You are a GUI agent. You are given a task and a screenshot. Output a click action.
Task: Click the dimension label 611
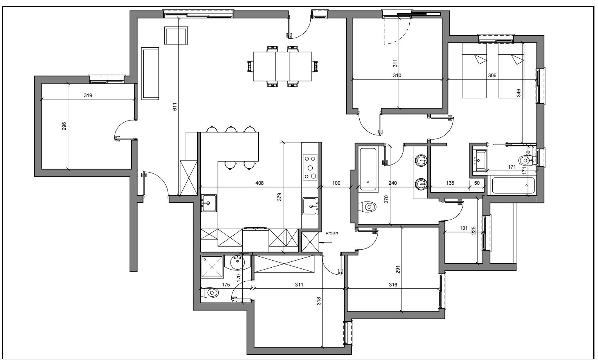(175, 107)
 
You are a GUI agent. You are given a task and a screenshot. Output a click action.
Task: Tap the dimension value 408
(259, 183)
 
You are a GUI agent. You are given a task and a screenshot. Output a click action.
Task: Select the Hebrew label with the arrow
(332, 233)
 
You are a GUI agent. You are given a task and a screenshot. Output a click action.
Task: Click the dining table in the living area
(283, 67)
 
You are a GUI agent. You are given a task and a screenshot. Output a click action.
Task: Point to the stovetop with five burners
(310, 167)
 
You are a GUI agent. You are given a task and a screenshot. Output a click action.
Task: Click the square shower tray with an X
(212, 266)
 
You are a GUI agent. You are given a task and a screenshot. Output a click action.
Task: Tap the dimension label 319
(88, 95)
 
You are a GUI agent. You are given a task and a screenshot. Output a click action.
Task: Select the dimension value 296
(64, 126)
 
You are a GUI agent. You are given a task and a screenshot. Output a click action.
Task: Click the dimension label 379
(279, 197)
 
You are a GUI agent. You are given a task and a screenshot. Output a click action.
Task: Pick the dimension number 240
(393, 183)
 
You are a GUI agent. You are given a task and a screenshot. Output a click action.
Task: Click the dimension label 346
(519, 93)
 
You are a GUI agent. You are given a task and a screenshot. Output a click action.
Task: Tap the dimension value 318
(319, 301)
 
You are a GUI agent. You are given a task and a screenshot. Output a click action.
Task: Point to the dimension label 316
(393, 285)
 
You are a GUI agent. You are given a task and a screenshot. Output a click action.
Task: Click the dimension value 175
(226, 285)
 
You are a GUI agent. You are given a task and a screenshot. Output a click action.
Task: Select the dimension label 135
(450, 183)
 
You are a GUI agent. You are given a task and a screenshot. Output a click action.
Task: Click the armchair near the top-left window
(176, 35)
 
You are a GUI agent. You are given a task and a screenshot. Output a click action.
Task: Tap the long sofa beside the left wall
(150, 74)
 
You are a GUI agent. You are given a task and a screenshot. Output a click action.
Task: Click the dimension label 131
(464, 228)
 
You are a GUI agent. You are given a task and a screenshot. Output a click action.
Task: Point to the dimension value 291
(398, 270)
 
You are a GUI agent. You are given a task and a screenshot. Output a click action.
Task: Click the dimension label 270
(386, 199)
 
